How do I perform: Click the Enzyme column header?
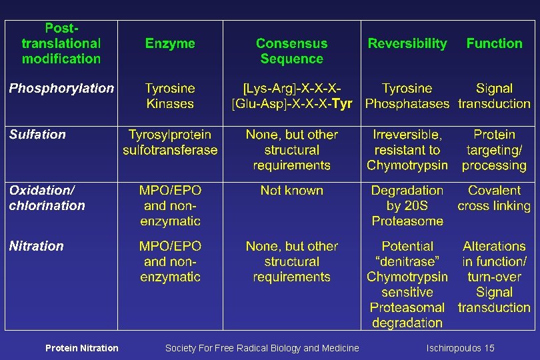click(170, 43)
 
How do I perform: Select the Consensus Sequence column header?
click(291, 51)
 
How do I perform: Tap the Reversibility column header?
click(407, 43)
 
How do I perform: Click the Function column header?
click(494, 43)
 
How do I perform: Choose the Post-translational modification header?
click(61, 43)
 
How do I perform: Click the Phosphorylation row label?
click(61, 88)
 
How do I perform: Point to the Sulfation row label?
click(37, 135)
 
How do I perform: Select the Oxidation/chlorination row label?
click(47, 198)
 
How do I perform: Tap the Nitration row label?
click(37, 246)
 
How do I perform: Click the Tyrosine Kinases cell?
click(170, 96)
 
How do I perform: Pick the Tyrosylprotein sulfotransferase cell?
click(170, 142)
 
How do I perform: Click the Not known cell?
click(291, 191)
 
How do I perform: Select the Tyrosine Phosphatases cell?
click(407, 96)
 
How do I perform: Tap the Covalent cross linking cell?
click(494, 198)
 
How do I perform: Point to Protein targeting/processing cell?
click(494, 150)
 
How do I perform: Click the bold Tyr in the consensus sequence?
click(341, 104)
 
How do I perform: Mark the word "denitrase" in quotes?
click(407, 261)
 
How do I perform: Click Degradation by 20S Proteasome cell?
click(407, 205)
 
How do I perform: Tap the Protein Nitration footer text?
click(81, 348)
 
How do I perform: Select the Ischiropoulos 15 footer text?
click(461, 348)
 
